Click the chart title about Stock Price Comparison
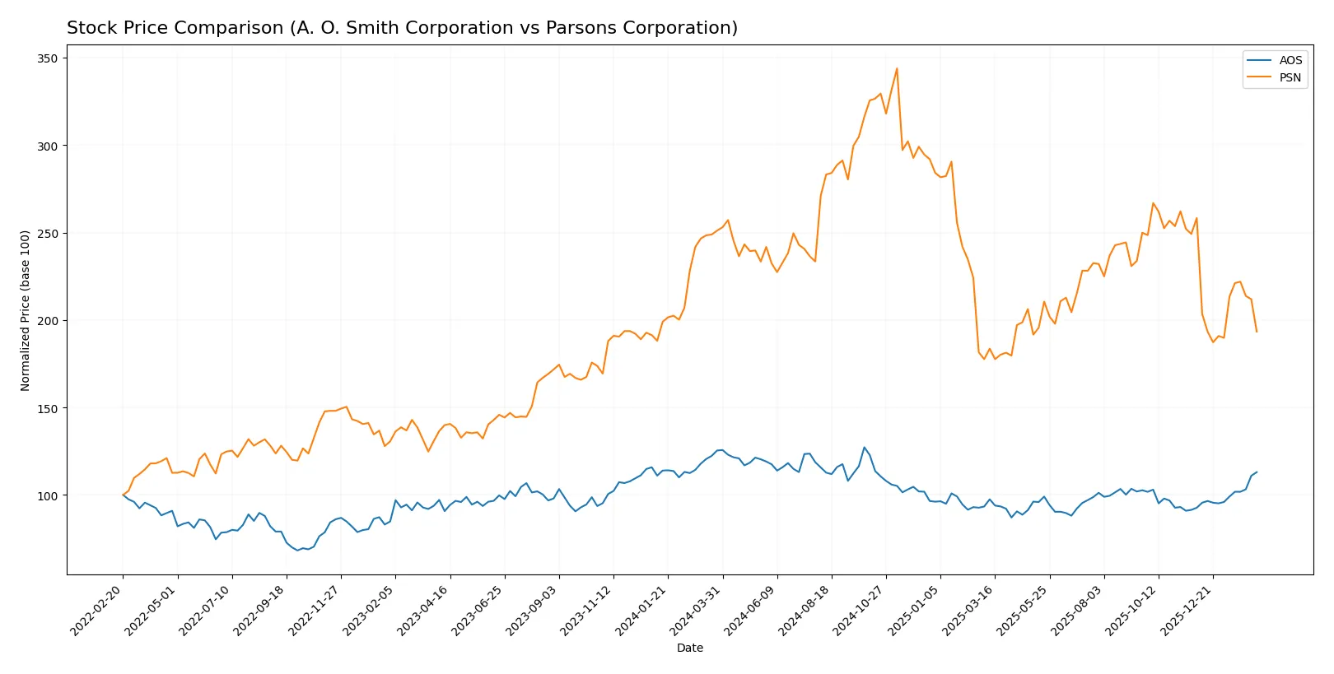coord(402,28)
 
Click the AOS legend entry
coord(1290,60)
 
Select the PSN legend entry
coord(1290,78)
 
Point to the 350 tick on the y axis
coord(47,58)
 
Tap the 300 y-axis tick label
coord(47,146)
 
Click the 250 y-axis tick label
coord(47,234)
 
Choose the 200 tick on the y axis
coord(47,321)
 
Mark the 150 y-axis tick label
coord(47,408)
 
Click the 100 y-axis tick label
coord(47,495)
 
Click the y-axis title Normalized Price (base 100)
coord(26,310)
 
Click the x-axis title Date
coord(689,648)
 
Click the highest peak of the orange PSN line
coord(897,68)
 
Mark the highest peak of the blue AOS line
coord(864,448)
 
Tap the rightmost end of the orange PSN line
coord(1257,332)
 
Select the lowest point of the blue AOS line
coord(297,550)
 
